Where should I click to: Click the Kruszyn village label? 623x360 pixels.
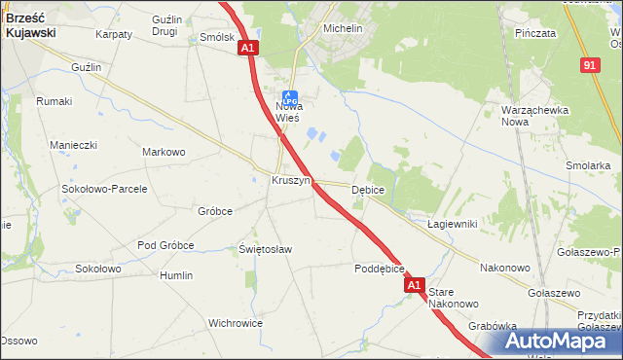tap(290, 181)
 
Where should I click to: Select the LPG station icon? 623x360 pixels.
tap(289, 94)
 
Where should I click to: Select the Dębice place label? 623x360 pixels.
tap(368, 190)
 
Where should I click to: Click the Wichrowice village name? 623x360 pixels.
tap(236, 322)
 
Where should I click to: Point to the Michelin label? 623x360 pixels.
tap(343, 29)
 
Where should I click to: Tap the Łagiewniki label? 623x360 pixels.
tap(452, 224)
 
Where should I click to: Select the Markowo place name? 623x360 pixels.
tap(164, 152)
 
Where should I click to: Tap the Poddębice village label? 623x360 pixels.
tap(379, 269)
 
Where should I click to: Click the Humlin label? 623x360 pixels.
tap(176, 275)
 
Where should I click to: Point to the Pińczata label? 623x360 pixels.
tap(536, 32)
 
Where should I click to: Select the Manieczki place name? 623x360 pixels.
tap(74, 145)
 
